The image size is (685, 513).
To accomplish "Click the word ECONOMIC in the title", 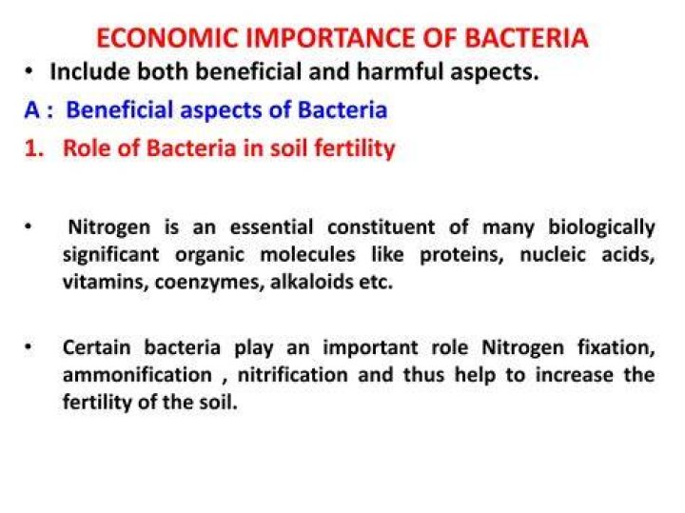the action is (167, 37).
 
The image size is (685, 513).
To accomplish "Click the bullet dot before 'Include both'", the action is (29, 71).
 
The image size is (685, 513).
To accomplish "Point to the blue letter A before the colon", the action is (32, 109).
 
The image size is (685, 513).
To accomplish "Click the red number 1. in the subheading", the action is (34, 148).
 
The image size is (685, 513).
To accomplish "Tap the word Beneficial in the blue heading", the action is (119, 109).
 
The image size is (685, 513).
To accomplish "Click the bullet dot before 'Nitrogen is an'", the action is (29, 227).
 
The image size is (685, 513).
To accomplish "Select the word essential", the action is (271, 227).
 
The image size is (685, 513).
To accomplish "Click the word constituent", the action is (381, 227).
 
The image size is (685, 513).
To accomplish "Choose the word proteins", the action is (461, 255).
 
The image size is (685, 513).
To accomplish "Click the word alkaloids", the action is (312, 282).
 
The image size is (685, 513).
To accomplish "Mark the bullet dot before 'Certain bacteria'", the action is (29, 347).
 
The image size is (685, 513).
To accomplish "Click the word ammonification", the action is (137, 375).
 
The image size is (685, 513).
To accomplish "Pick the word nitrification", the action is (293, 375).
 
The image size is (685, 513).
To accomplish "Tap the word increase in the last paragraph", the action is (575, 375).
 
